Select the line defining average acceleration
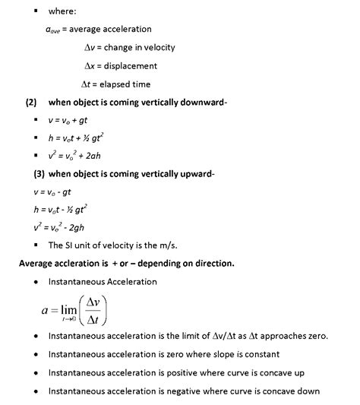(98, 30)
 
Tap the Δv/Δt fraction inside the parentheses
(93, 308)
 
